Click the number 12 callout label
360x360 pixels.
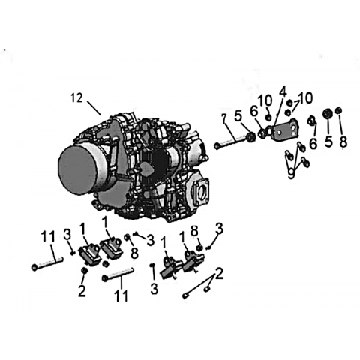point(76,98)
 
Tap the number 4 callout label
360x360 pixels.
point(282,93)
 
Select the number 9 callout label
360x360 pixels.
point(291,173)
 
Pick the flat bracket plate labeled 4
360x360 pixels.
point(286,131)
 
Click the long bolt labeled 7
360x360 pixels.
point(233,141)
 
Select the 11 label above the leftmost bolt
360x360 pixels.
point(49,236)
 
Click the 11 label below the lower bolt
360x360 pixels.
point(121,295)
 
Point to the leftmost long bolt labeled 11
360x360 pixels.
point(47,262)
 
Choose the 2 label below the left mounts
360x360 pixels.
point(82,291)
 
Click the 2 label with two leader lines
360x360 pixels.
point(218,274)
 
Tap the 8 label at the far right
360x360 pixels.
point(343,142)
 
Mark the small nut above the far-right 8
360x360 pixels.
point(339,110)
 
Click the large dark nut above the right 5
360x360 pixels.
point(327,114)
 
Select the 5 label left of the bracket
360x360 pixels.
point(238,116)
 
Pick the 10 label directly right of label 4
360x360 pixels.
point(305,98)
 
